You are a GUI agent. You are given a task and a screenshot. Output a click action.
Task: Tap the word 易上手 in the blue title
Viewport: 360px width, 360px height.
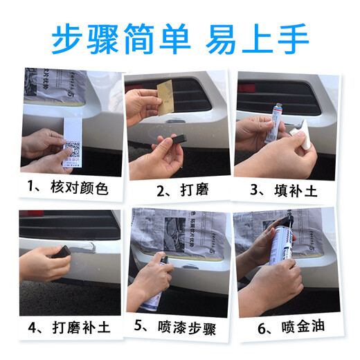coord(257,39)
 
